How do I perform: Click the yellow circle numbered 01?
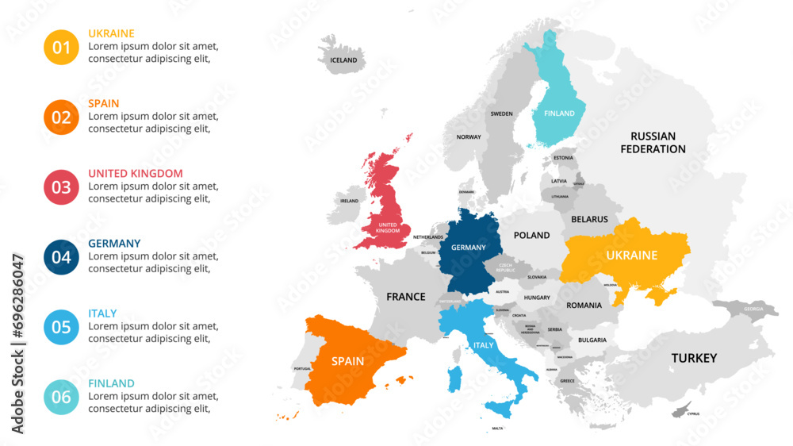pos(61,48)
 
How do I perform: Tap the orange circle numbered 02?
pos(61,117)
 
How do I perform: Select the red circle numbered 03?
pos(61,187)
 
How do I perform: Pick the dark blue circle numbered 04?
pos(61,257)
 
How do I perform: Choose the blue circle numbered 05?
pos(61,327)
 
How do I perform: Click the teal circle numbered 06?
pos(61,397)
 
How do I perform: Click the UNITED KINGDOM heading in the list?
pos(135,173)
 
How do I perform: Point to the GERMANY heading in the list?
pos(114,243)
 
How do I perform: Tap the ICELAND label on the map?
pos(343,60)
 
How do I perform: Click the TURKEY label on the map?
pos(694,358)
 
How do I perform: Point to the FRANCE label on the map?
pos(405,297)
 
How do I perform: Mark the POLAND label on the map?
pos(531,235)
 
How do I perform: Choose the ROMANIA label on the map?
pos(584,305)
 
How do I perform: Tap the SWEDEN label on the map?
pos(501,113)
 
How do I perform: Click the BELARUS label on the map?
pos(589,219)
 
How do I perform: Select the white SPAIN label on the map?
pos(347,361)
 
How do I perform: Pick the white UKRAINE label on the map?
pos(631,256)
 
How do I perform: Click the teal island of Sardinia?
pos(456,379)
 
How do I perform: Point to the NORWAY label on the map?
pos(468,136)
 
